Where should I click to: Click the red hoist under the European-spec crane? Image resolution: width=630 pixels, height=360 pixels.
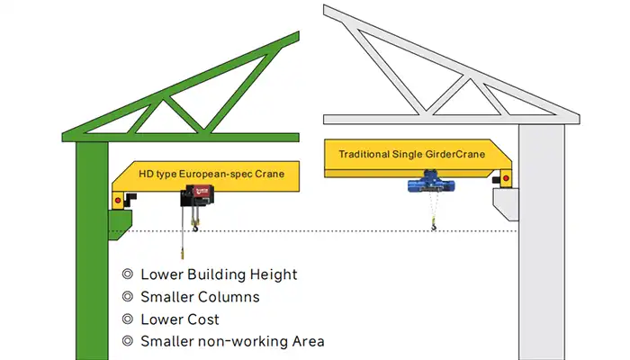coord(198,195)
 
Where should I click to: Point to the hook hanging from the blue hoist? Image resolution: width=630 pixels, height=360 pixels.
coord(434,228)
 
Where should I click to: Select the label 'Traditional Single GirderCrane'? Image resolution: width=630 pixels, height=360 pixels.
coord(411,154)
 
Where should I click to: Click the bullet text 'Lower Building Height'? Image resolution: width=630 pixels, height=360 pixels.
coord(219,274)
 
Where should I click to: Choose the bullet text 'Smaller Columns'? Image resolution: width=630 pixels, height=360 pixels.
coord(200,297)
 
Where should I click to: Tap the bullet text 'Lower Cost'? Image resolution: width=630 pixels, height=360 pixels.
coord(180,319)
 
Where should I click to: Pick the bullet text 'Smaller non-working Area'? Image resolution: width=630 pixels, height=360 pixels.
coord(232,341)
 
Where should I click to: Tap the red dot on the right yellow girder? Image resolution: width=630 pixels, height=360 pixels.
coord(508,178)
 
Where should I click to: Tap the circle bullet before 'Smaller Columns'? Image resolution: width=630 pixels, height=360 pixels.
coord(128,297)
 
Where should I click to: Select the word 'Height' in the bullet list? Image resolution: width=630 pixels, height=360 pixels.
coord(274,274)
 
